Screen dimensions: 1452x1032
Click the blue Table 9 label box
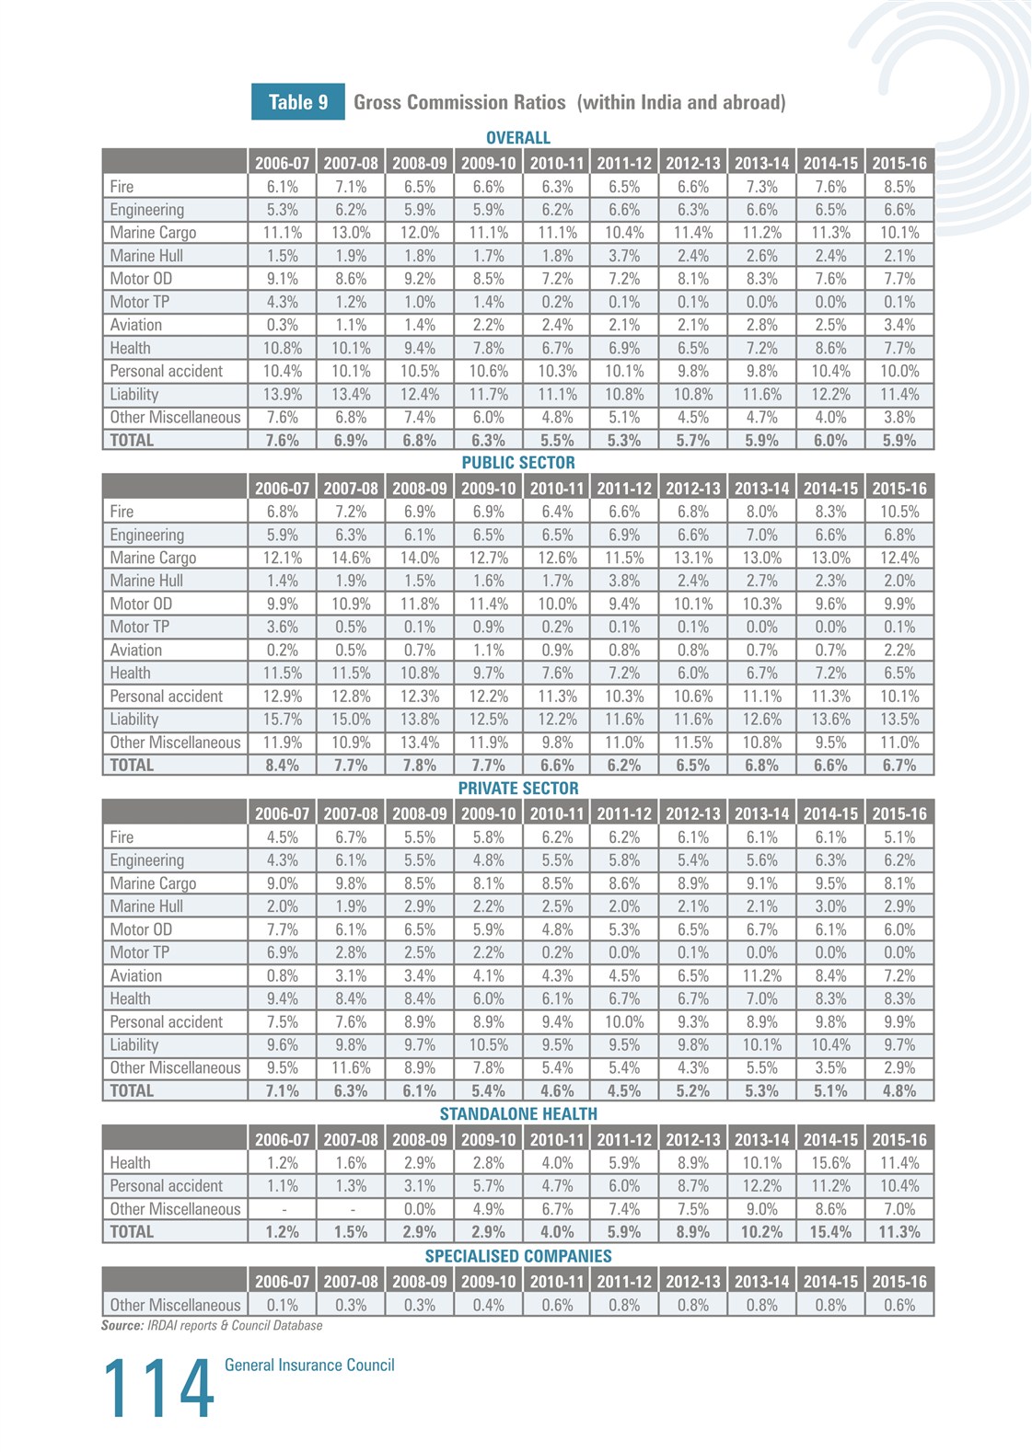point(297,102)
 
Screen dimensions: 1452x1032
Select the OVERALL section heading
point(517,138)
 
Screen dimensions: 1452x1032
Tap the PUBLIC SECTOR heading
point(517,463)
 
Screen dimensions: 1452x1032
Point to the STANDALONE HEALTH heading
point(517,1114)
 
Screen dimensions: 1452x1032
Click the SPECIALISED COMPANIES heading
point(517,1256)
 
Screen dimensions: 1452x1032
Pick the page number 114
point(157,1389)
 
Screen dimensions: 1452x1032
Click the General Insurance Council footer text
point(309,1366)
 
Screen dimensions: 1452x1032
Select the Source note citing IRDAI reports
point(212,1326)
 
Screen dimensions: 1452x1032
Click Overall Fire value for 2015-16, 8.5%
point(899,187)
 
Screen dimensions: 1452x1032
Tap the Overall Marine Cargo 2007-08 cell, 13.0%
point(351,233)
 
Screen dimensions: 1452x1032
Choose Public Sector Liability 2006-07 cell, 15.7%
point(282,720)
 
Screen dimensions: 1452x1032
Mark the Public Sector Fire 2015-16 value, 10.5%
point(899,512)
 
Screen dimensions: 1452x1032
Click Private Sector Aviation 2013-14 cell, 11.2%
point(762,975)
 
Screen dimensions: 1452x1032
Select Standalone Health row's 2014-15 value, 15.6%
point(830,1163)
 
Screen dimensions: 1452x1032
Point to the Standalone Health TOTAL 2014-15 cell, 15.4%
point(830,1232)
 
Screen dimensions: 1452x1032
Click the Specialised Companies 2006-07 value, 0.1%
point(282,1305)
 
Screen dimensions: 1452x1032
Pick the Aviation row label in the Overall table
point(135,325)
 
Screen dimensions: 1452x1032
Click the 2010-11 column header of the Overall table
point(557,163)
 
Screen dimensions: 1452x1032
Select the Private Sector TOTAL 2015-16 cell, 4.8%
point(899,1090)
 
